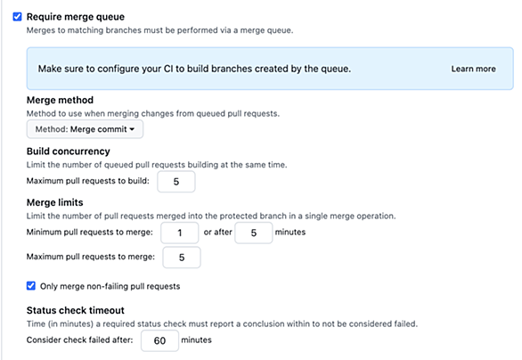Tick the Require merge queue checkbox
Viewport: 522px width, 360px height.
coord(17,17)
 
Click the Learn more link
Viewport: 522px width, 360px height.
coord(473,69)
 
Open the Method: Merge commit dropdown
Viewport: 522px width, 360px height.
coord(85,129)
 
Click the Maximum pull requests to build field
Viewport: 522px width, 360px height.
coord(176,182)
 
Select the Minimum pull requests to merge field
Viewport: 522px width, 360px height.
coord(179,233)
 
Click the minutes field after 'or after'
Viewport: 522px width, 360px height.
coord(254,233)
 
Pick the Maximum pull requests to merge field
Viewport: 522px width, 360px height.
coord(182,258)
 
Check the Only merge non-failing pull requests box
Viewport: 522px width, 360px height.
coord(31,286)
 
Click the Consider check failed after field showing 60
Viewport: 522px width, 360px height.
coord(159,340)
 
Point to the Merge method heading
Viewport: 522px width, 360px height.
coord(60,100)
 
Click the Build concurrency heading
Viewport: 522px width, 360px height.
coord(69,151)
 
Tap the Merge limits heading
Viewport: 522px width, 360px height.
coord(55,202)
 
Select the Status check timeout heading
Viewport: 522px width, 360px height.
coord(76,310)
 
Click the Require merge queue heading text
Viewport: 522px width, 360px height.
coord(76,17)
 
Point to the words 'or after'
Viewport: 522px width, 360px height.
coord(217,232)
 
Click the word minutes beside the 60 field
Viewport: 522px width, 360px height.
coord(196,340)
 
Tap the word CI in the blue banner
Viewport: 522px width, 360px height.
coord(168,69)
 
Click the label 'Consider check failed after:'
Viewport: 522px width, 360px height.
coord(79,340)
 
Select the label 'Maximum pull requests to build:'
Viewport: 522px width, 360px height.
coord(88,181)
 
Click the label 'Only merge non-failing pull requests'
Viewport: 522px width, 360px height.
coord(110,286)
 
